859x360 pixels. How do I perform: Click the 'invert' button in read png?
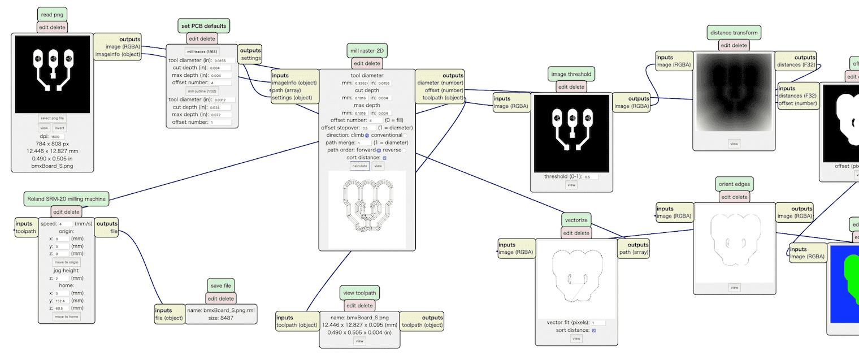(x=59, y=128)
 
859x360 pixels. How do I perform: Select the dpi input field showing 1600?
(x=57, y=137)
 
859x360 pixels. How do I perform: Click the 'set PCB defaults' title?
(x=204, y=26)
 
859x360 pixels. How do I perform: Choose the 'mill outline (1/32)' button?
(x=202, y=91)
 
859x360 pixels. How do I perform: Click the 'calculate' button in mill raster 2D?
(x=359, y=166)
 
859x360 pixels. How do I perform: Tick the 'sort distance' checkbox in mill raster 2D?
(x=384, y=158)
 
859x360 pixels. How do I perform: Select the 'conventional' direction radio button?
(x=405, y=136)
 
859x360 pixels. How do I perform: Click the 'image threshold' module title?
(x=571, y=73)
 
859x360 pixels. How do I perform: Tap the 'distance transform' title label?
(x=734, y=32)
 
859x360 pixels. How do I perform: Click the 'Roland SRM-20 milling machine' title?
(x=66, y=199)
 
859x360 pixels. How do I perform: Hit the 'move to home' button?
(x=66, y=316)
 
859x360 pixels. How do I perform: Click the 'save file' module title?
(x=221, y=285)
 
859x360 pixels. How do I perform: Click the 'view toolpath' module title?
(x=359, y=293)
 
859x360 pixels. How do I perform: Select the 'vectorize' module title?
(x=576, y=220)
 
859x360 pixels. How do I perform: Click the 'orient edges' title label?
(x=734, y=184)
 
